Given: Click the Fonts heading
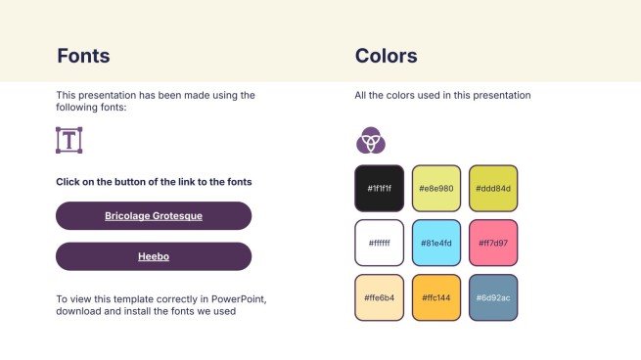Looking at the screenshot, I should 83,56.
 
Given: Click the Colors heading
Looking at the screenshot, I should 386,56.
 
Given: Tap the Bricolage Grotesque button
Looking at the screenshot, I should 154,215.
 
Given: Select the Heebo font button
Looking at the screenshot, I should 154,256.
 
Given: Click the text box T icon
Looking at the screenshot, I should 69,140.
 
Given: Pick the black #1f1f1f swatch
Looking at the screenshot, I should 379,188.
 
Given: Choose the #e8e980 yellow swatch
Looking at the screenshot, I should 436,188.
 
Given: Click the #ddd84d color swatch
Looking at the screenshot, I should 493,188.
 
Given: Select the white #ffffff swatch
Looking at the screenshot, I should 379,243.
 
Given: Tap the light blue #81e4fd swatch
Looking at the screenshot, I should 436,243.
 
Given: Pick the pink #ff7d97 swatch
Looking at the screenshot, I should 493,243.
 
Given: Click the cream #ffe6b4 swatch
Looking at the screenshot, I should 379,297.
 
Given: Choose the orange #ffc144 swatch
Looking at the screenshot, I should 436,297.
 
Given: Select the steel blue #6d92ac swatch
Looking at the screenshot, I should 493,297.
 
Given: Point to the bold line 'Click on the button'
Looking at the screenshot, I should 154,182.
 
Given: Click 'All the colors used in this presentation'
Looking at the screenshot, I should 442,96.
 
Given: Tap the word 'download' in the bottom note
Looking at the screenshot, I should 79,311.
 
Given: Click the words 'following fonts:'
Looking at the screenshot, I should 92,108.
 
